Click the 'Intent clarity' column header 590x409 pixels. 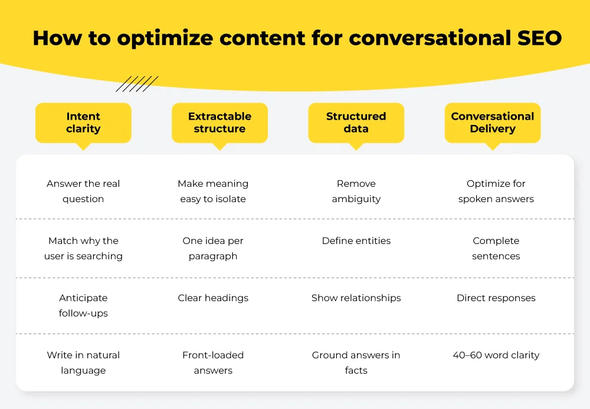click(x=83, y=123)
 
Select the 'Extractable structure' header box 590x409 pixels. click(x=219, y=123)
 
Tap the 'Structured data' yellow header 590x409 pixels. click(x=356, y=123)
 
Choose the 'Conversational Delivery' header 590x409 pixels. click(x=492, y=123)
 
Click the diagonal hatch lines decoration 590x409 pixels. click(x=137, y=84)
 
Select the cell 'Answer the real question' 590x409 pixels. click(x=83, y=192)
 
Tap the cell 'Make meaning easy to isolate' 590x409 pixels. click(x=213, y=192)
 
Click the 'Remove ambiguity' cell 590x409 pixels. click(x=356, y=192)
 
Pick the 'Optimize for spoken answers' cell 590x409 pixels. click(x=496, y=192)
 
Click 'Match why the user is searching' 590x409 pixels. click(x=83, y=249)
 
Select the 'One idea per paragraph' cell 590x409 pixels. click(x=213, y=249)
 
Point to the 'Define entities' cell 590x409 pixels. click(x=356, y=241)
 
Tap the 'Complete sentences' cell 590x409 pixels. click(x=496, y=249)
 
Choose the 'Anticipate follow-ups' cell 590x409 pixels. click(x=83, y=306)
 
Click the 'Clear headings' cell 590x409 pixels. click(x=213, y=298)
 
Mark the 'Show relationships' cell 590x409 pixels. click(x=356, y=298)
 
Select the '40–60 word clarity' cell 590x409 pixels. click(x=496, y=355)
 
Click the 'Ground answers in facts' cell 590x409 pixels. click(x=356, y=362)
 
